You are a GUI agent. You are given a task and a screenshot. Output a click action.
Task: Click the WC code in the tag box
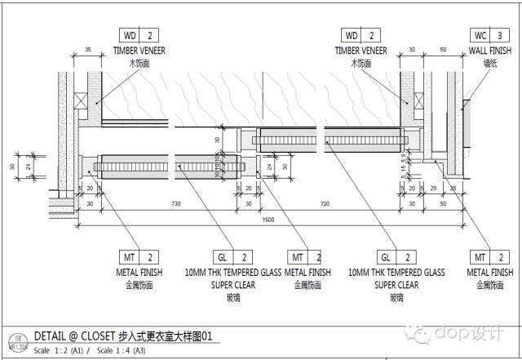coord(480,36)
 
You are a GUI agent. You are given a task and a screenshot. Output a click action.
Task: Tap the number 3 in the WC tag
coord(500,36)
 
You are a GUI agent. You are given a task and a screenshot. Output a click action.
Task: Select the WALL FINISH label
coord(490,51)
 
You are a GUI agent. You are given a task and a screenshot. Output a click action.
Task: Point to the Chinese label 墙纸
coord(490,62)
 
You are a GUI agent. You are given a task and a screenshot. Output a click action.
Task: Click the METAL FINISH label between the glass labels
coord(308,272)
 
